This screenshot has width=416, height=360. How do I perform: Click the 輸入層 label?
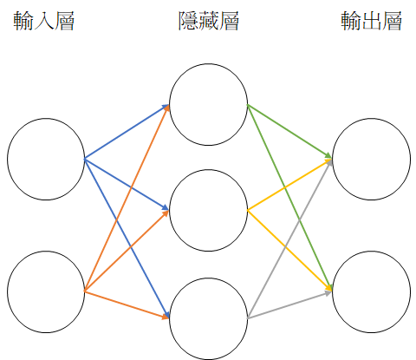(x=44, y=21)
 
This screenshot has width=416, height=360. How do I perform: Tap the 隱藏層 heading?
(x=209, y=21)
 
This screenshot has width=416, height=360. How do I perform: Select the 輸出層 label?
(x=371, y=21)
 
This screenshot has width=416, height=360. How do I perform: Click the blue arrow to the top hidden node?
(x=127, y=132)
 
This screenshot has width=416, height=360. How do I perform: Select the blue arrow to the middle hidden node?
(x=127, y=184)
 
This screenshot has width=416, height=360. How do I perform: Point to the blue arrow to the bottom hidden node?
(x=127, y=239)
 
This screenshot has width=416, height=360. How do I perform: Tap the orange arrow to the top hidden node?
(x=127, y=198)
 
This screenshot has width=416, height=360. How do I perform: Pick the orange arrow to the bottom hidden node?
(x=127, y=304)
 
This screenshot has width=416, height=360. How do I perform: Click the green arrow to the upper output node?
(x=289, y=132)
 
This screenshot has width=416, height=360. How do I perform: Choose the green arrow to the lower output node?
(x=289, y=197)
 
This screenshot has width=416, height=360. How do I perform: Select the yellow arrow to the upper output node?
(x=289, y=185)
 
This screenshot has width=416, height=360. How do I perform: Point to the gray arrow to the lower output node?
(x=289, y=305)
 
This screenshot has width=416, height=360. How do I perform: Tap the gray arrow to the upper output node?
(x=289, y=239)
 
